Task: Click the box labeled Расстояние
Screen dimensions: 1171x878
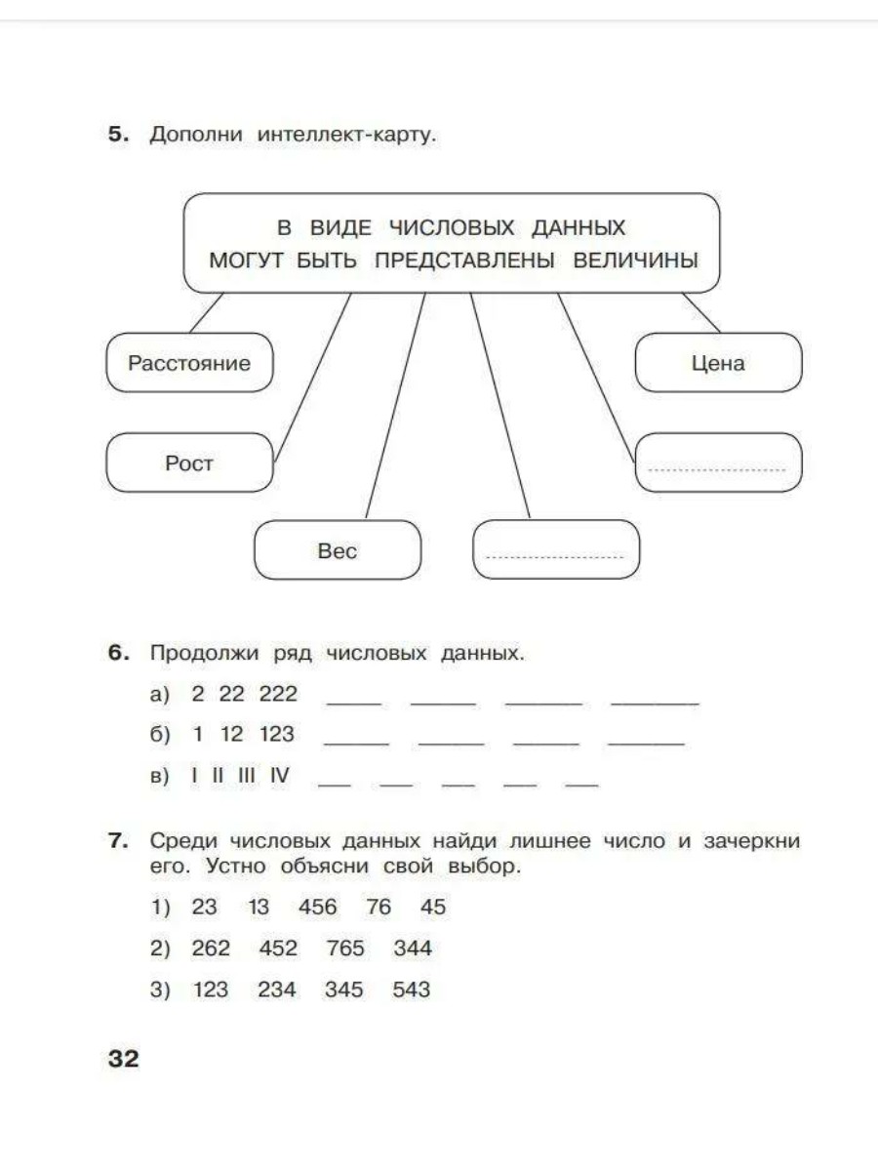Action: click(189, 363)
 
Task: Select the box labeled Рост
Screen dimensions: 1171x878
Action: click(189, 463)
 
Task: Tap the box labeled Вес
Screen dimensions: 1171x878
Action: click(338, 550)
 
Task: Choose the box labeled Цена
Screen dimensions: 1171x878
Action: click(718, 363)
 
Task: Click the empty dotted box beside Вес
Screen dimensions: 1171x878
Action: click(555, 550)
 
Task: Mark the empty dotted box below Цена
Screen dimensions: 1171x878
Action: click(718, 463)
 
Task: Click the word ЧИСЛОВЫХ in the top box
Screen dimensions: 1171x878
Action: click(451, 228)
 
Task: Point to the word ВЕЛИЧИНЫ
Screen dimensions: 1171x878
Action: click(635, 262)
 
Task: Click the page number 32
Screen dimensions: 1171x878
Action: click(124, 1059)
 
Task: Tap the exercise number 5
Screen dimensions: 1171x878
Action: click(117, 135)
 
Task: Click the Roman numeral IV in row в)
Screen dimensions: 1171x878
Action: click(280, 776)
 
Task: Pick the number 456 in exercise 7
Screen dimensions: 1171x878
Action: click(318, 908)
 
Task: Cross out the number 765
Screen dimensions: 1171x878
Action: click(344, 949)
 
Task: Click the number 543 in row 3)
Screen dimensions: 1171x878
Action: click(411, 990)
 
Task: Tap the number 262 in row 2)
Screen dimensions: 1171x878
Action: click(212, 949)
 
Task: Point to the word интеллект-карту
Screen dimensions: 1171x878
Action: click(346, 135)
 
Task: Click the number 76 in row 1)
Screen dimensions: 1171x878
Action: click(379, 908)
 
